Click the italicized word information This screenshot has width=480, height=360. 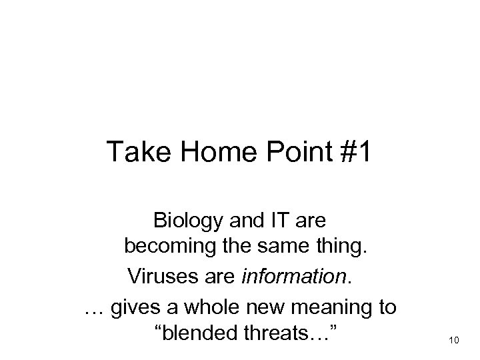pyautogui.click(x=304, y=274)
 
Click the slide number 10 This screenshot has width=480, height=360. pyautogui.click(x=455, y=341)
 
